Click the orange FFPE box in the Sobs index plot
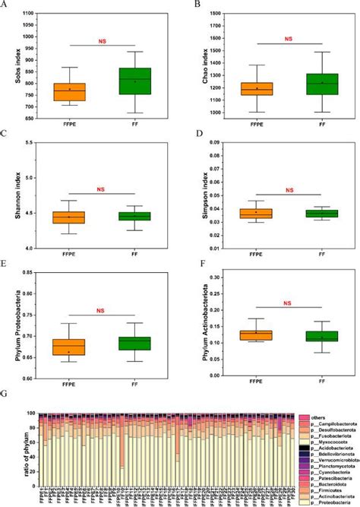tap(69, 92)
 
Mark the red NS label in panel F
tap(287, 303)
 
